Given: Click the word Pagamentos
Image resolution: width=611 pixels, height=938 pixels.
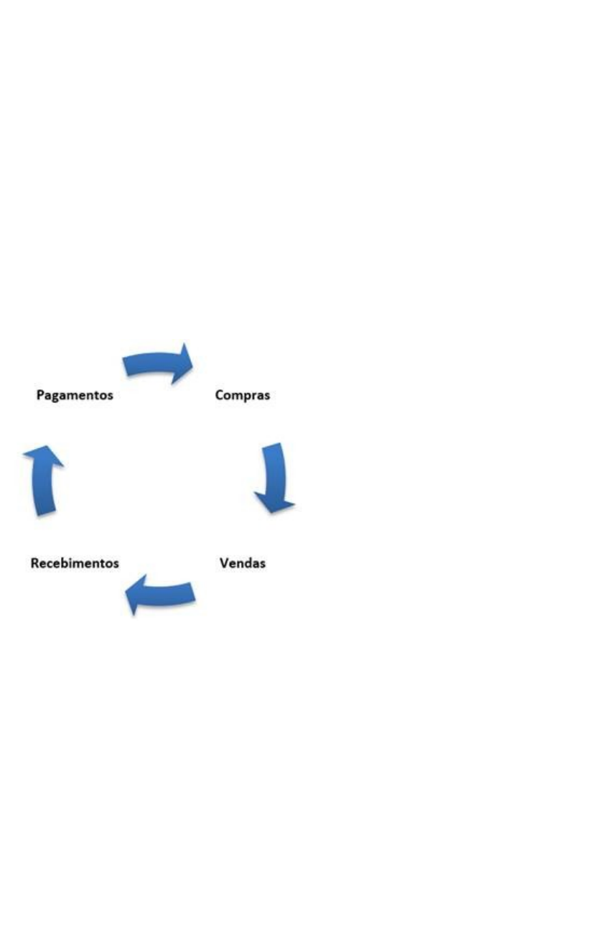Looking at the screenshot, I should [75, 395].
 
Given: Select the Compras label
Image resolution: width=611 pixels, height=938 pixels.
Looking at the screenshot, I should [243, 395].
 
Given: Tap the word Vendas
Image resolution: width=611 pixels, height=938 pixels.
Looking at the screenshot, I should [242, 562].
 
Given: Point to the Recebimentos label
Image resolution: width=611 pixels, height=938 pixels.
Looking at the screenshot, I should [75, 563].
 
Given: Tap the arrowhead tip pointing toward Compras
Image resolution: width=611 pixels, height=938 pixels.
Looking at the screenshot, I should [192, 366].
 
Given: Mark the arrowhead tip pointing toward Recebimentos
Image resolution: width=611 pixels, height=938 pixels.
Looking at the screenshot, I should [126, 593].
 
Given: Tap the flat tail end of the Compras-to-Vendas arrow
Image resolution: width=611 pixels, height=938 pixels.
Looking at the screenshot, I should [271, 446].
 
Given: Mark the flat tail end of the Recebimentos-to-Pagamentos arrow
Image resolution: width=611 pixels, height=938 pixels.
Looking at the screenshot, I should [46, 513].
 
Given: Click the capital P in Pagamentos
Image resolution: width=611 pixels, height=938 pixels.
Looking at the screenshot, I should [40, 395].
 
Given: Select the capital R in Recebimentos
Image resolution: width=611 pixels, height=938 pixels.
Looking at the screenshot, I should [34, 563].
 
